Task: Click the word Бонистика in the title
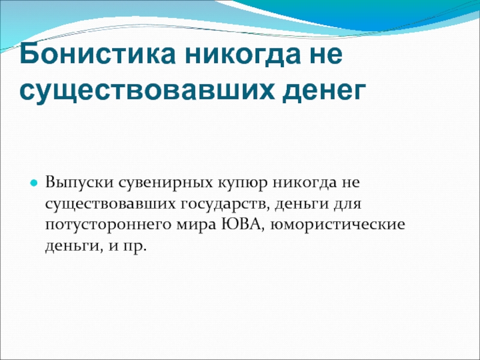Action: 97,53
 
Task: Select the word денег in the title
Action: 324,92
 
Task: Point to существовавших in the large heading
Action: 147,92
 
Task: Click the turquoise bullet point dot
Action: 34,184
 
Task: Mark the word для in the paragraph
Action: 347,204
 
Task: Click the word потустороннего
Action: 107,224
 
